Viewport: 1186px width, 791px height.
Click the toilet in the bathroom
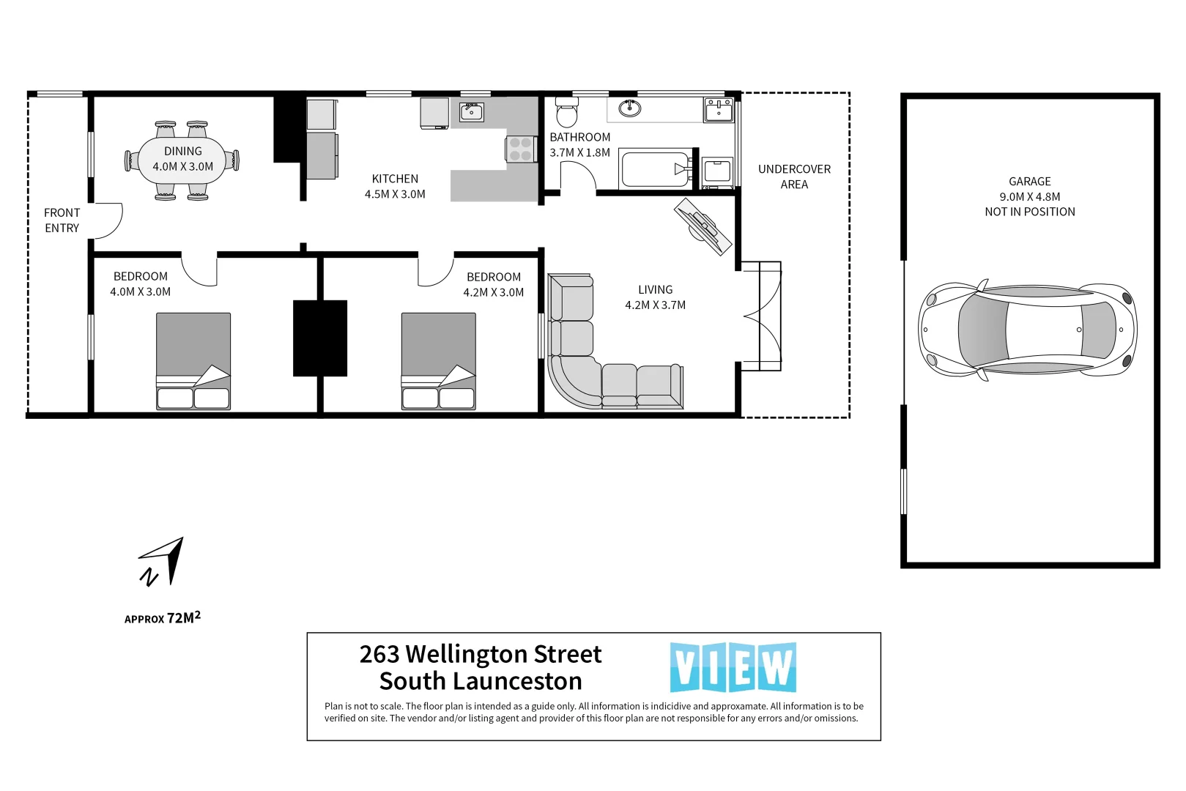tap(567, 114)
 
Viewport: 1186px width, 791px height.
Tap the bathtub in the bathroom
tap(655, 169)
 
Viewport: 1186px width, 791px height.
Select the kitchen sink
tap(471, 112)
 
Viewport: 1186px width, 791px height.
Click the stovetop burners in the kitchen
tap(520, 149)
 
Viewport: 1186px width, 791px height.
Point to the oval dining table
tap(182, 159)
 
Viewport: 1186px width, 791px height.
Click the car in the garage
tap(1027, 330)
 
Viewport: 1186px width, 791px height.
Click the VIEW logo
tap(733, 667)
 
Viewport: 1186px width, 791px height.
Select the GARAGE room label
tap(1029, 181)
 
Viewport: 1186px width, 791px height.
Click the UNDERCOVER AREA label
tap(794, 177)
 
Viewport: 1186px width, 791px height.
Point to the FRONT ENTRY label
tap(62, 220)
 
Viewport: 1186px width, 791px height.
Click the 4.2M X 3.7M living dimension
tap(655, 305)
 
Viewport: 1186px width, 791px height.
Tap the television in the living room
tap(703, 226)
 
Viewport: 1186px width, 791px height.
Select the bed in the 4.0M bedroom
tap(193, 360)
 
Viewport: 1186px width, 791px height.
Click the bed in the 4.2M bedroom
tap(438, 360)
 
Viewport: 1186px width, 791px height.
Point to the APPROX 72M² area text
tap(162, 618)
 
